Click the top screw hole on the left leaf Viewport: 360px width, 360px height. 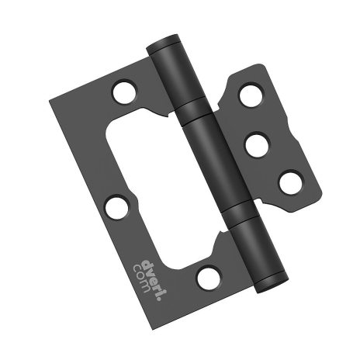(x=123, y=92)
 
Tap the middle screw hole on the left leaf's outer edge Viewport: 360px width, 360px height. (x=116, y=207)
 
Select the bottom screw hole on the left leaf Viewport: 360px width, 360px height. (x=208, y=277)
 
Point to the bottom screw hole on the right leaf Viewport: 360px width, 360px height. (x=290, y=183)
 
